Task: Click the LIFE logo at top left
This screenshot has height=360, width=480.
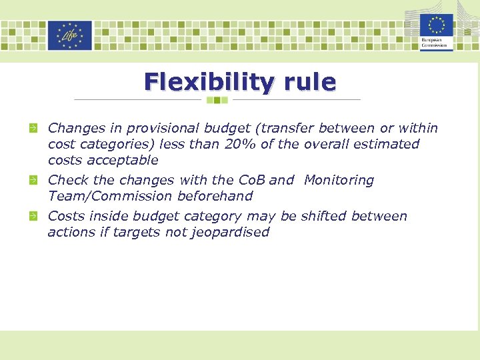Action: [69, 35]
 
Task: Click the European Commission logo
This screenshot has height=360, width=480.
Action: [437, 31]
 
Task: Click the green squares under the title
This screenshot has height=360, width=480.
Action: [217, 100]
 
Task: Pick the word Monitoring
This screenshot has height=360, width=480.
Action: [339, 180]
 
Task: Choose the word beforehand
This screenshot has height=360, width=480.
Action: [215, 196]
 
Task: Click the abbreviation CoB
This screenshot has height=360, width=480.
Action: [251, 180]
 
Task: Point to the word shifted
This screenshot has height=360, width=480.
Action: [324, 216]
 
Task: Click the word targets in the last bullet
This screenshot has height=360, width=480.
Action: [137, 232]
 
